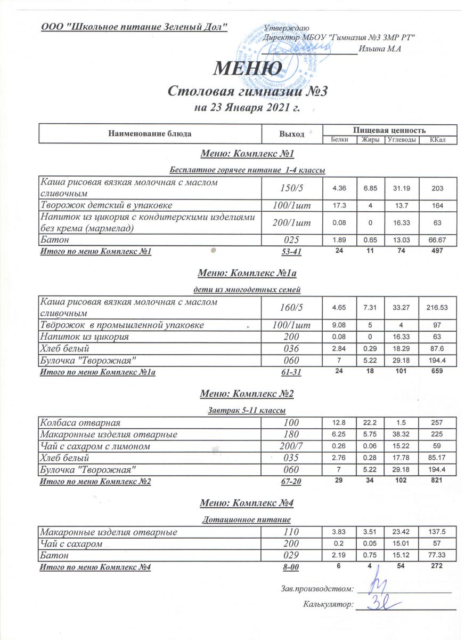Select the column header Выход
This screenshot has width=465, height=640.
point(291,134)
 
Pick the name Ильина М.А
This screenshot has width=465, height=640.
point(380,49)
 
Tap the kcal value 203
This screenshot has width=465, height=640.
point(438,189)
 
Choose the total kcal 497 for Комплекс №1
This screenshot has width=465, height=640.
point(438,252)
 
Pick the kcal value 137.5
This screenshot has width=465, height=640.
point(438,532)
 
